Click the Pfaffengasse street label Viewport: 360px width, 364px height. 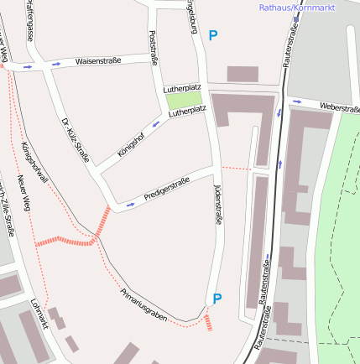pos(30,21)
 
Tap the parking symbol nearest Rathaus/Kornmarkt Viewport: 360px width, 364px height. pos(213,35)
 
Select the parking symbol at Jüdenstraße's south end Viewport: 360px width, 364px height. pos(217,299)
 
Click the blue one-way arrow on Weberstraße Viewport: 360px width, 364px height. pos(296,102)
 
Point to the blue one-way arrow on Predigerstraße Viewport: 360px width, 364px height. pos(129,203)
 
